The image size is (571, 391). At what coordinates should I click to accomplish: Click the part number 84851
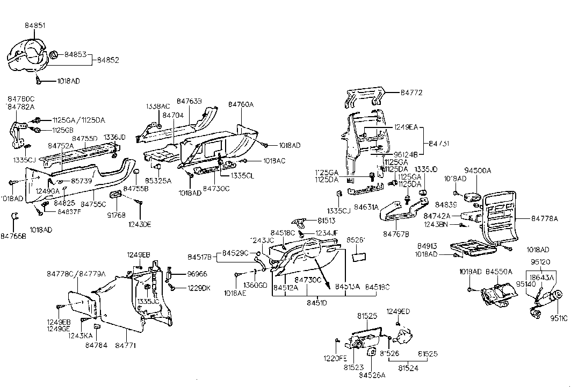35,25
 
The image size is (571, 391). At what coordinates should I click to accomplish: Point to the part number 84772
411,93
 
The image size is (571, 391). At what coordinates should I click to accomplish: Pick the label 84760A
241,104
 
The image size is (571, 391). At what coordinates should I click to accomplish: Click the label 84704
173,115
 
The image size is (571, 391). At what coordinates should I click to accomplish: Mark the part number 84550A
499,272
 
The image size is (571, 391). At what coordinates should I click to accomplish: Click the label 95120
541,262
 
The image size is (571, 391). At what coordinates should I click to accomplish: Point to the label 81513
326,220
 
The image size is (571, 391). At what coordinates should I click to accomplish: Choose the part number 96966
197,274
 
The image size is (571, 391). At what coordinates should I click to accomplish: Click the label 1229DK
199,288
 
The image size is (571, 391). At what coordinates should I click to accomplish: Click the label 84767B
396,234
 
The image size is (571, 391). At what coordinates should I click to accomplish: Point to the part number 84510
316,303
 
